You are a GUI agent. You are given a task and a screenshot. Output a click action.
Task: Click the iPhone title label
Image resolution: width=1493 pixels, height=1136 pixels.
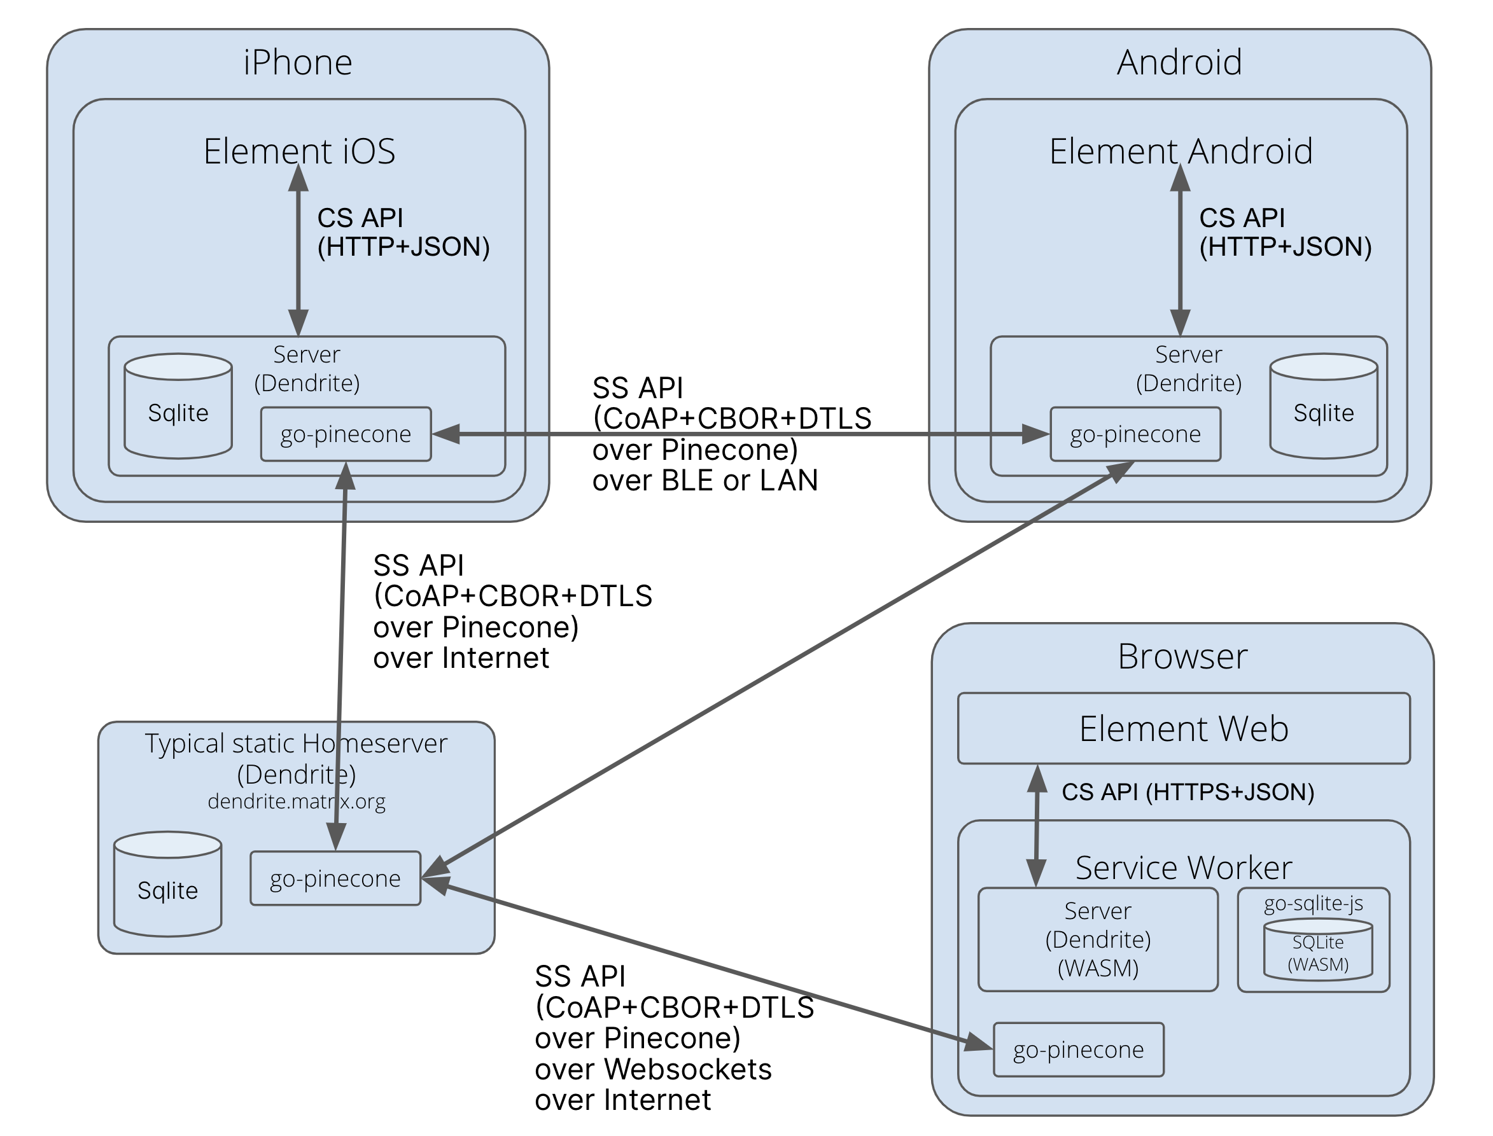click(298, 62)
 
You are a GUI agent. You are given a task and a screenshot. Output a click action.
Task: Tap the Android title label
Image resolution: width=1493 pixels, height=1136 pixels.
click(1179, 62)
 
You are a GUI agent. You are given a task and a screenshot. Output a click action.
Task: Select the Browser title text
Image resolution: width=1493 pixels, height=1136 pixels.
click(1182, 656)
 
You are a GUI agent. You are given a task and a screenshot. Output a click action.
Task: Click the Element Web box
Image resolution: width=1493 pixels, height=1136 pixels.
click(1183, 729)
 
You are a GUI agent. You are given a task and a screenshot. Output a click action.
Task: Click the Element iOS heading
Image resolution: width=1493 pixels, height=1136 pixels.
click(299, 151)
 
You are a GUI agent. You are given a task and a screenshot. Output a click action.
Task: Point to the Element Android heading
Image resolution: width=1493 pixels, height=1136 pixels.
click(1181, 151)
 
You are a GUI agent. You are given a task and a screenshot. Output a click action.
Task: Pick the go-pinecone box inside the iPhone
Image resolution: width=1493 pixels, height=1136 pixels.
click(346, 434)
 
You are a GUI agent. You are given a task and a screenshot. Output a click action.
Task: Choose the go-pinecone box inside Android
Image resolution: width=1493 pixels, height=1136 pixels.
click(1135, 434)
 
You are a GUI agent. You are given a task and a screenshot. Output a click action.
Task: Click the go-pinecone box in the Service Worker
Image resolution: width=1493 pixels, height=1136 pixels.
click(1078, 1049)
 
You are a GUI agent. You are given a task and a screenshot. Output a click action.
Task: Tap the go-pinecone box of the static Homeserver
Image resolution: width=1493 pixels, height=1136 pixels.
click(335, 878)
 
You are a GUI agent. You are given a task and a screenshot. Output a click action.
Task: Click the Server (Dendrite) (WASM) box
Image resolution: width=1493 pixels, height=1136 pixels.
click(1097, 940)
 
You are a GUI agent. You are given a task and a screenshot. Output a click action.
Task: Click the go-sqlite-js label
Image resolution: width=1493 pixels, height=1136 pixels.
click(1313, 903)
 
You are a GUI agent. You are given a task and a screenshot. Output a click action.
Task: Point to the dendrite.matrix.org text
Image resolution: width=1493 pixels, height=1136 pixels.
click(297, 801)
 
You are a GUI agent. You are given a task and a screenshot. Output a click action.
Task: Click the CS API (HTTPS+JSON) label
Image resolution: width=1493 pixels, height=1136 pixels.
click(1188, 792)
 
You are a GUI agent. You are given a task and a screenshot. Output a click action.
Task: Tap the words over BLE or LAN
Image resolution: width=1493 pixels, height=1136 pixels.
click(705, 481)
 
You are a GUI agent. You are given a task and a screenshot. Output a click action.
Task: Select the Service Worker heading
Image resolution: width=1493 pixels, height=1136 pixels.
click(1183, 868)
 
